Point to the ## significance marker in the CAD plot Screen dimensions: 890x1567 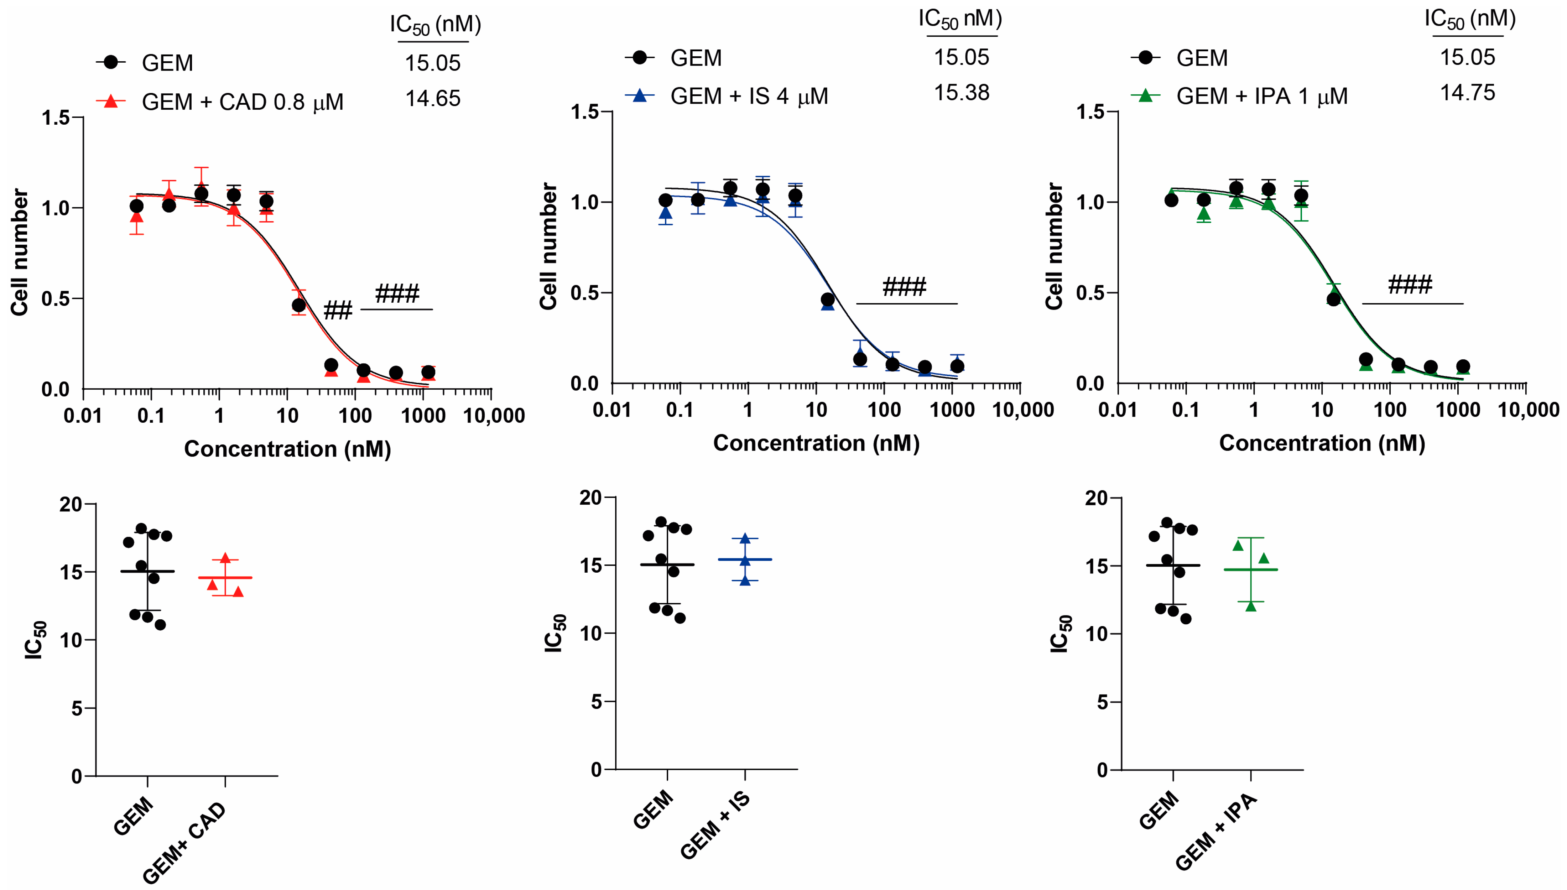pyautogui.click(x=337, y=311)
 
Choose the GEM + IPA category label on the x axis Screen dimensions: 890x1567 pyautogui.click(x=1216, y=831)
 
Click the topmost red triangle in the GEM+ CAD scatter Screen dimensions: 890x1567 pyautogui.click(x=225, y=558)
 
